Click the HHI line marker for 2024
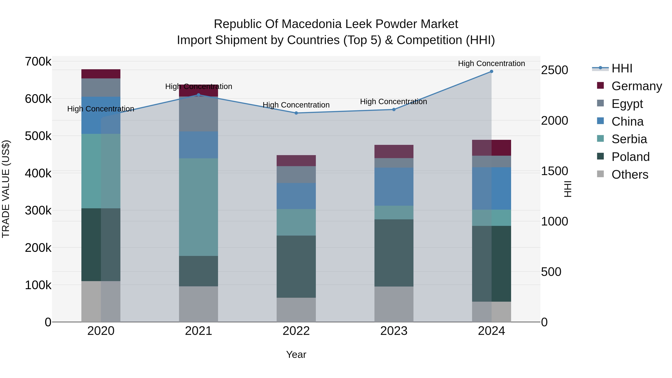tap(491, 71)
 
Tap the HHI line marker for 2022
tap(296, 113)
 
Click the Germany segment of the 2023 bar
tap(394, 151)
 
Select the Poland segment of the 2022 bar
tap(296, 266)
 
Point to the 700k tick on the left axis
tap(38, 62)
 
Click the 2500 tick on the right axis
tap(554, 70)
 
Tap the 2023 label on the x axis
tap(394, 331)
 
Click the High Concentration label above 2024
tap(491, 63)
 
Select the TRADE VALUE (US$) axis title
tap(6, 189)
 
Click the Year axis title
tap(296, 354)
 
